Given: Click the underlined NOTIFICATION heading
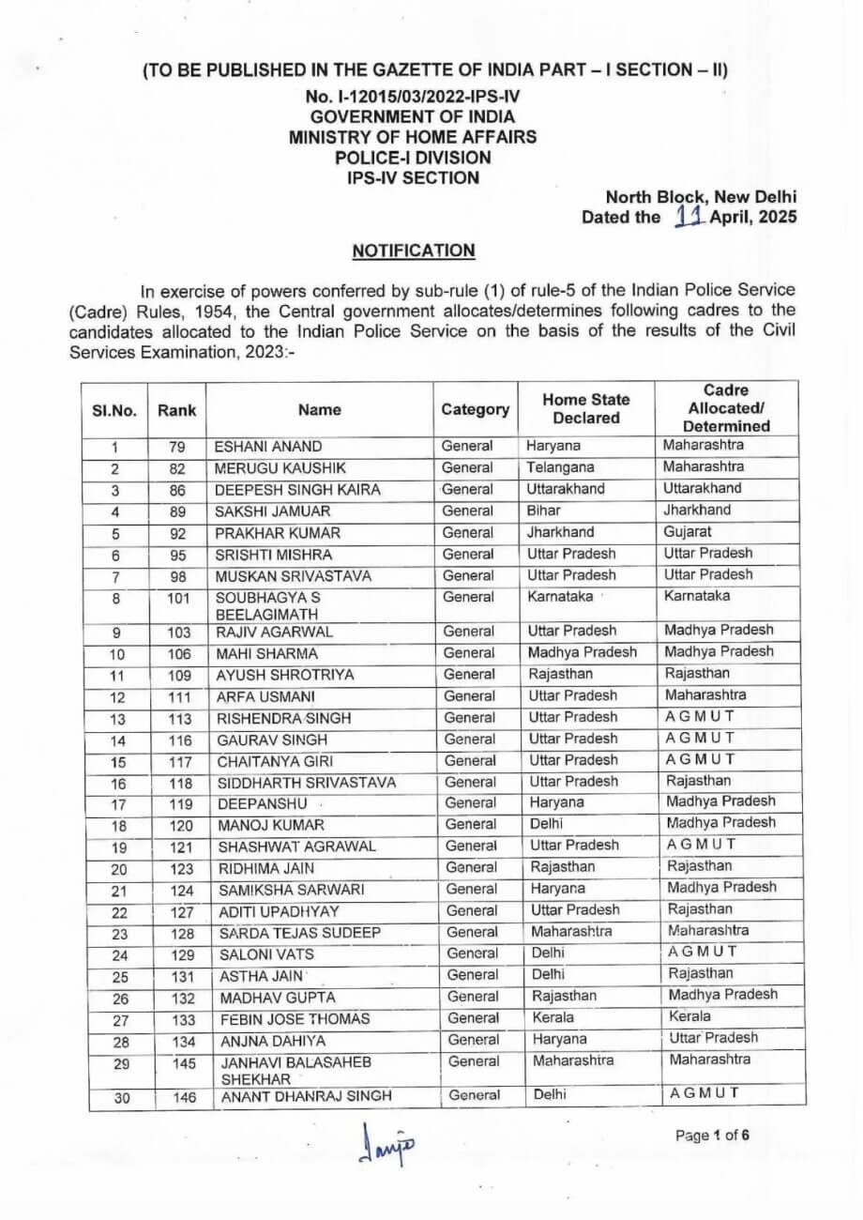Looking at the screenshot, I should point(414,252).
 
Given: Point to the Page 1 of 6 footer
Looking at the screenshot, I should point(713,1134).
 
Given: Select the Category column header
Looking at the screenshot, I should point(476,410).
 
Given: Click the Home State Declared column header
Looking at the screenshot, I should point(586,409).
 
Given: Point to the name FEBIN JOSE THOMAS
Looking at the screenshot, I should point(294,1019).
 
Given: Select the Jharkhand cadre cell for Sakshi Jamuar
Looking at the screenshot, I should point(696,510).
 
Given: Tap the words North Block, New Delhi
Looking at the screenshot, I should point(701,197).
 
